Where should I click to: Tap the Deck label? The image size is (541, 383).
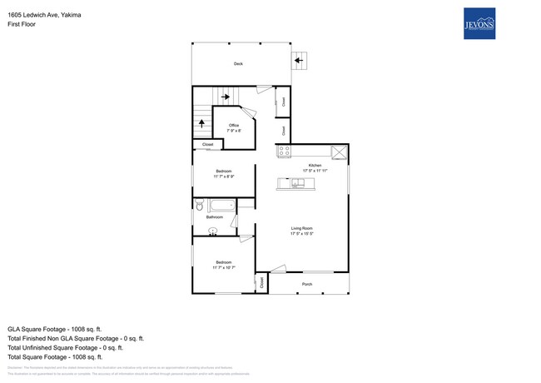pyautogui.click(x=238, y=63)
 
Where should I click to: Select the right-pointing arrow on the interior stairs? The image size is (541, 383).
pyautogui.click(x=225, y=97)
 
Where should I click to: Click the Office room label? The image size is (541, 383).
pyautogui.click(x=234, y=127)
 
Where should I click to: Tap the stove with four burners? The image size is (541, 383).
pyautogui.click(x=284, y=152)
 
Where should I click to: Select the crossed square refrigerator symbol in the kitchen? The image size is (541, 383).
pyautogui.click(x=339, y=152)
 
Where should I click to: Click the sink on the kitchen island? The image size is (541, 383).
pyautogui.click(x=296, y=182)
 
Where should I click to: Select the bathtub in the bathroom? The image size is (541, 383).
pyautogui.click(x=221, y=204)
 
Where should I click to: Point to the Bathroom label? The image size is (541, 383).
pyautogui.click(x=215, y=217)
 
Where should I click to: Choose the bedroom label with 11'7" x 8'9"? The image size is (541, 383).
pyautogui.click(x=224, y=173)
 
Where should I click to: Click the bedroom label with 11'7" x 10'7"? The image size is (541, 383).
pyautogui.click(x=224, y=265)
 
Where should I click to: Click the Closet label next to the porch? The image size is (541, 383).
pyautogui.click(x=262, y=283)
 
